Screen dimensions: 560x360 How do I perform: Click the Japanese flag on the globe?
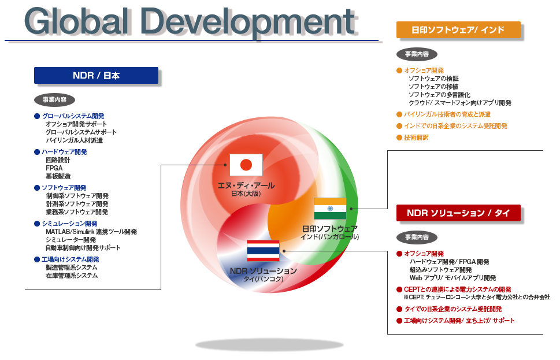(246, 165)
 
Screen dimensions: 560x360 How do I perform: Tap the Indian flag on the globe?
(330, 209)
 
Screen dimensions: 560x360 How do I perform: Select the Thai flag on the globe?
(263, 251)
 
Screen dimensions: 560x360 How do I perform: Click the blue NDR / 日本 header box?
(96, 75)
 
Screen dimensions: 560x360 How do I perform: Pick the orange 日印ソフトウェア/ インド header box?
(458, 29)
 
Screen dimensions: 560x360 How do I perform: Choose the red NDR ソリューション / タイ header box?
(458, 213)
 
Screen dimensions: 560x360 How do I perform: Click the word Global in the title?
(77, 21)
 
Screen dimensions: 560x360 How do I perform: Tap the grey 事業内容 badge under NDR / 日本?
(55, 99)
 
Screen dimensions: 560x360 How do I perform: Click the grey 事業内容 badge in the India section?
(417, 54)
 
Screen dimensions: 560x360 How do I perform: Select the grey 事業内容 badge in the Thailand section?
(417, 237)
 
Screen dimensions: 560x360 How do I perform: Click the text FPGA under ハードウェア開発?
(54, 168)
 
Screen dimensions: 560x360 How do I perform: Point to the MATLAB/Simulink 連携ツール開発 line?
(91, 231)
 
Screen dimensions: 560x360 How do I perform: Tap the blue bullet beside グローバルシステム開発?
(37, 116)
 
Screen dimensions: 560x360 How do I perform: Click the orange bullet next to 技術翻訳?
(399, 138)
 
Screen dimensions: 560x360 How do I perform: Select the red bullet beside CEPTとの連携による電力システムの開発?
(399, 290)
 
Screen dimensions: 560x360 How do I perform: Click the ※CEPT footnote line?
(477, 297)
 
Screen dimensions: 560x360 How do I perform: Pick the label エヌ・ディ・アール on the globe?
(246, 185)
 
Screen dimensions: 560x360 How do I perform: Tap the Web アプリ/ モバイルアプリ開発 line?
(453, 277)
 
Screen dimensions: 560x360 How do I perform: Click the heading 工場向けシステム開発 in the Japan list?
(70, 259)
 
